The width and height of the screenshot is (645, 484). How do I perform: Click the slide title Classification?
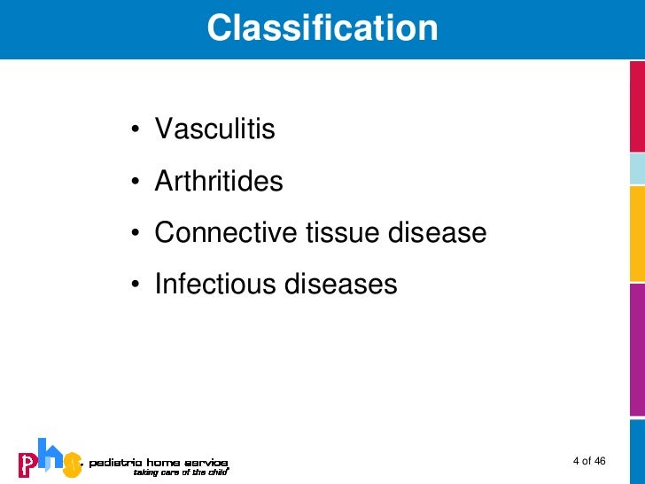[322, 28]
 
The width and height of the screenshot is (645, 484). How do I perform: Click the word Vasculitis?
[215, 130]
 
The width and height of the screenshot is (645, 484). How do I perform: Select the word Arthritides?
[219, 182]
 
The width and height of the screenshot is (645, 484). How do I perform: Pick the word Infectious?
[215, 285]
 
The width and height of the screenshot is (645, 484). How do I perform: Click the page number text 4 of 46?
[589, 461]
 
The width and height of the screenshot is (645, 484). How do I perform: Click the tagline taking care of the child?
[180, 472]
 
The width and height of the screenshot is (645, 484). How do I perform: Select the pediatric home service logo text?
[158, 462]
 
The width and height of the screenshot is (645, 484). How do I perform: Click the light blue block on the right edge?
[637, 168]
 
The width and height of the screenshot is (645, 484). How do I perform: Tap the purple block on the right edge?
[637, 348]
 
